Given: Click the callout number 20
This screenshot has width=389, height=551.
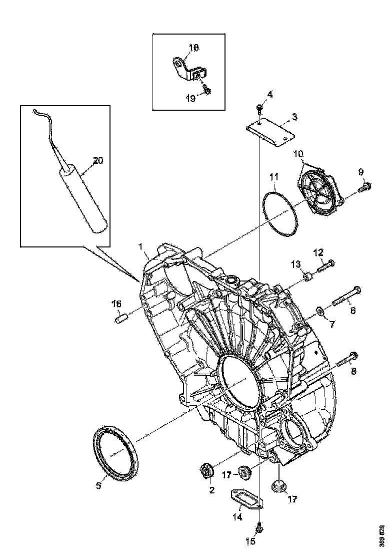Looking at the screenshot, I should pyautogui.click(x=98, y=160).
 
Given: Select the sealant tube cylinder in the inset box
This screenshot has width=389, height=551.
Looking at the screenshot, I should pyautogui.click(x=83, y=200).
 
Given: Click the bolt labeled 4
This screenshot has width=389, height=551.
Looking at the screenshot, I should pyautogui.click(x=259, y=109).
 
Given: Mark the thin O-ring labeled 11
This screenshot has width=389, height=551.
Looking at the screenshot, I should pyautogui.click(x=279, y=212).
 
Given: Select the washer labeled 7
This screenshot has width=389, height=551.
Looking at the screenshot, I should pyautogui.click(x=318, y=314).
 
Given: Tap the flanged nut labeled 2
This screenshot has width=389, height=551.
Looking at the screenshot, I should pyautogui.click(x=206, y=470).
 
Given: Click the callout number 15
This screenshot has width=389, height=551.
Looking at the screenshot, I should pyautogui.click(x=250, y=541).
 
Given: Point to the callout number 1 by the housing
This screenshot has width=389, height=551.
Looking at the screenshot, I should pyautogui.click(x=141, y=246).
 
